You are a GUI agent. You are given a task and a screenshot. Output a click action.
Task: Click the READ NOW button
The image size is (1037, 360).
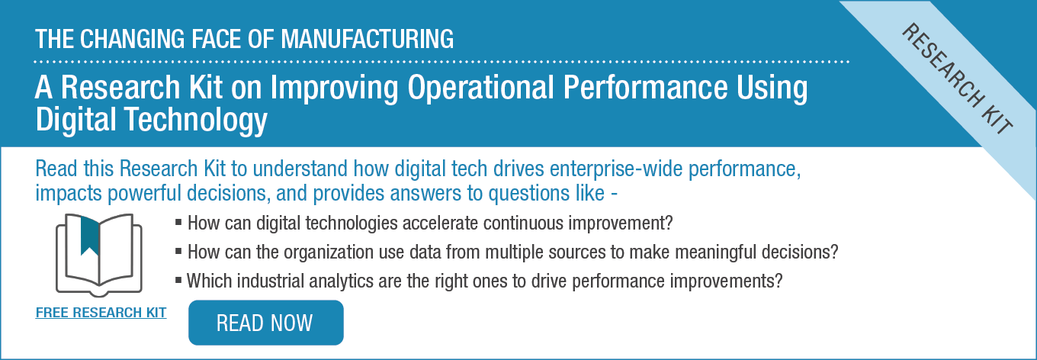point(265,323)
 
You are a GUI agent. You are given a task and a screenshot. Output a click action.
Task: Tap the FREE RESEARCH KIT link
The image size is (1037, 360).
point(101,313)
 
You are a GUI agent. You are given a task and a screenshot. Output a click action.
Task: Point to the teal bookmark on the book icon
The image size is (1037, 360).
point(90,236)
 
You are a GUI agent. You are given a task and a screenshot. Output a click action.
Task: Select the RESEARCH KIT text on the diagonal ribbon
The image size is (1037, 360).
point(957,79)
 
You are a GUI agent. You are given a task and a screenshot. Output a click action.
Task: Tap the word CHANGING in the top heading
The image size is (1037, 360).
point(133,39)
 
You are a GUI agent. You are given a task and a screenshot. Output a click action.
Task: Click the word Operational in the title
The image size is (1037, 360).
point(480,88)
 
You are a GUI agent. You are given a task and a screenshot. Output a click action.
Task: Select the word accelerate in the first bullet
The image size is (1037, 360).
point(440,223)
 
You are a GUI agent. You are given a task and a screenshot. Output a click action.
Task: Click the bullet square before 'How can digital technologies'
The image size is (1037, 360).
point(178,223)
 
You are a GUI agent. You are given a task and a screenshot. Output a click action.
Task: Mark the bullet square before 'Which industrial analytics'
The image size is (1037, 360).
point(178,281)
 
